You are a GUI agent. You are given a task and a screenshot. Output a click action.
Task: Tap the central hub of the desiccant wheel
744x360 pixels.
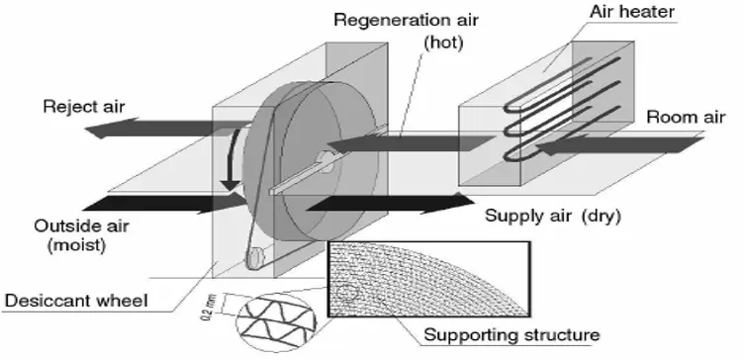325,157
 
